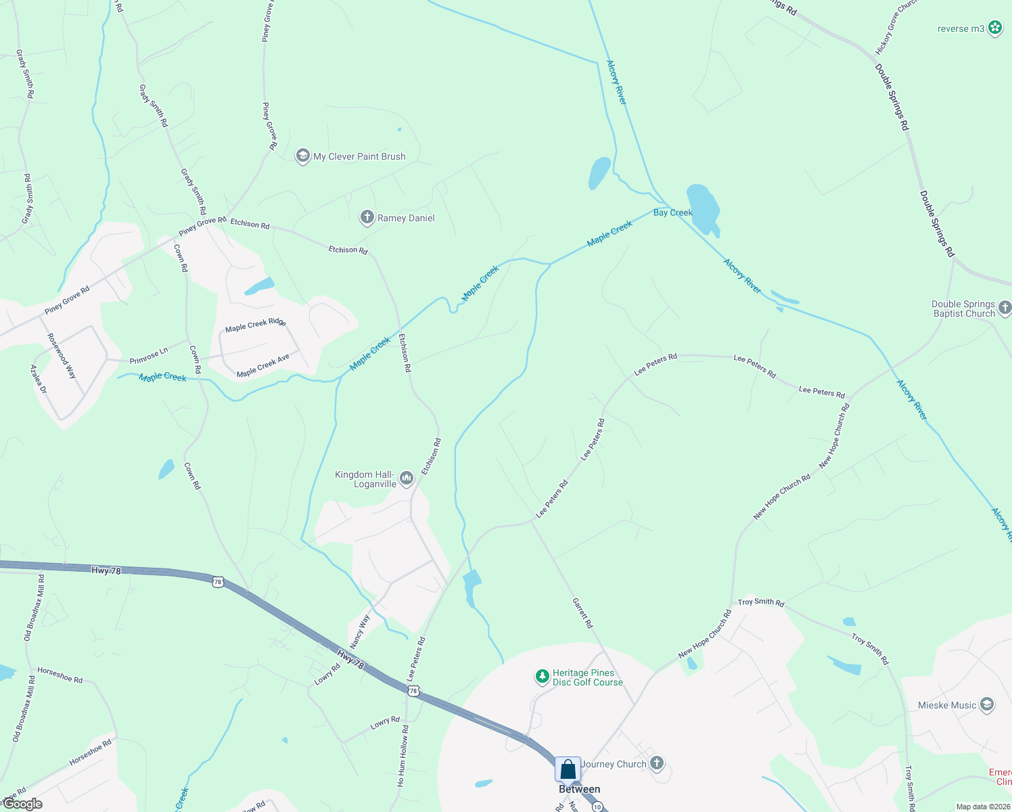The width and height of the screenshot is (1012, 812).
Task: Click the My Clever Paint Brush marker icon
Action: point(302,156)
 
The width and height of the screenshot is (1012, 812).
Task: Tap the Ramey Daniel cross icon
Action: point(367,217)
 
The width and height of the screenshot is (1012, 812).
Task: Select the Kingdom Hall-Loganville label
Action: point(365,479)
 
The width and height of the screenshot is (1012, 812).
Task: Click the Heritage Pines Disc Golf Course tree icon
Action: point(542,676)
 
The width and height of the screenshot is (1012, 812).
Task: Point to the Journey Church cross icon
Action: point(656,763)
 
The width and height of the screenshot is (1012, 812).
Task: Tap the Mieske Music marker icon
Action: point(987,705)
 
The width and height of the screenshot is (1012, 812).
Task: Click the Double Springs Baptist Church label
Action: point(963,309)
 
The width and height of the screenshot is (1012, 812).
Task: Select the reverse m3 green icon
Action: point(995,28)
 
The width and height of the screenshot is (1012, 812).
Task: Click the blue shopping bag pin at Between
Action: point(568,769)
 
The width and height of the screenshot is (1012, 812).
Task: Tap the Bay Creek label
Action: point(672,212)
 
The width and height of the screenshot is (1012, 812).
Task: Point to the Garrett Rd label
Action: point(582,613)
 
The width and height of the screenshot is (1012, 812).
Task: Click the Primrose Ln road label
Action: point(149,356)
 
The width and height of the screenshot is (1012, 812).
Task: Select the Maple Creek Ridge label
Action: point(256,324)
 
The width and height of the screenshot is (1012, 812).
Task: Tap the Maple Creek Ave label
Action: point(263,365)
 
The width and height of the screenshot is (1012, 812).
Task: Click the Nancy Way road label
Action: point(360,631)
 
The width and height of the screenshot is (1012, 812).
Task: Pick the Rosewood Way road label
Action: point(62,355)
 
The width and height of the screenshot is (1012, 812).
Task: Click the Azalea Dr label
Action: point(39,379)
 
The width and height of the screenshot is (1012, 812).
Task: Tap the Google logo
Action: point(22,804)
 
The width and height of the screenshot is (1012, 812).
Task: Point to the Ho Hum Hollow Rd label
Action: point(403,755)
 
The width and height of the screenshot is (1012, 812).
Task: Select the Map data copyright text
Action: point(982,807)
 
